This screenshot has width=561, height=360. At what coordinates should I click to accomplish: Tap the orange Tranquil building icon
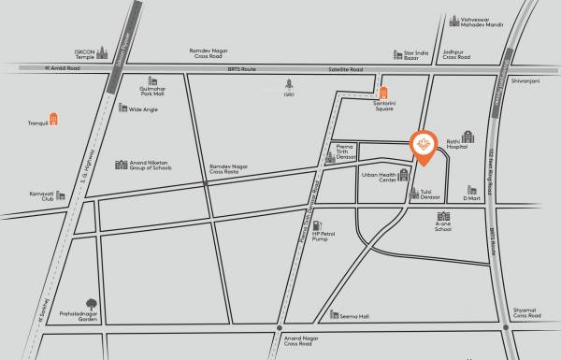pyautogui.click(x=55, y=120)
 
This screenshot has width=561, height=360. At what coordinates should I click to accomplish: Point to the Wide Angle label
pyautogui.click(x=143, y=109)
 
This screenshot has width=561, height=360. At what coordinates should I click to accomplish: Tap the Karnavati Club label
pyautogui.click(x=40, y=194)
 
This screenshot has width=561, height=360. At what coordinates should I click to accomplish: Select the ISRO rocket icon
pyautogui.click(x=289, y=82)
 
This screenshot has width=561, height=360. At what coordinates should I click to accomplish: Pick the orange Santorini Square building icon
pyautogui.click(x=384, y=91)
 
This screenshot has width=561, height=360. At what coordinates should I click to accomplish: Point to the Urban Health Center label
pyautogui.click(x=380, y=179)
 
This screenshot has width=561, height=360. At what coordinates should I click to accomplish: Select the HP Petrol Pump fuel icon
pyautogui.click(x=317, y=226)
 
